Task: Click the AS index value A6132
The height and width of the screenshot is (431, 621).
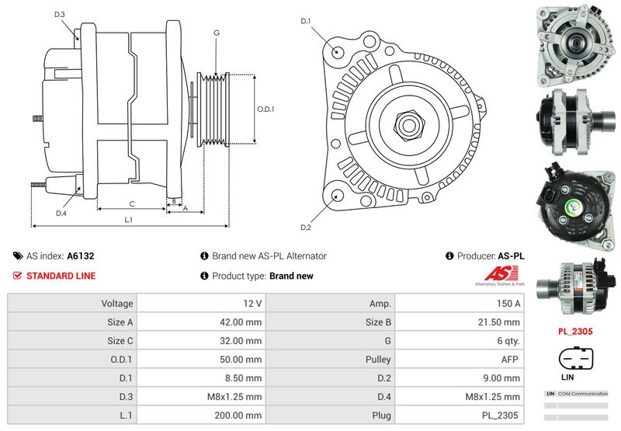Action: pos(81,256)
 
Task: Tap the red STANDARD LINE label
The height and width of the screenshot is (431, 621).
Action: pos(61,276)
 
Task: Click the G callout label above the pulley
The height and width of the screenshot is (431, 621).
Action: pos(217,33)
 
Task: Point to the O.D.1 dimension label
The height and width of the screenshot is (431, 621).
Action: pos(265,109)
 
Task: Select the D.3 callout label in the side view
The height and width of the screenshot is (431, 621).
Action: pos(60,15)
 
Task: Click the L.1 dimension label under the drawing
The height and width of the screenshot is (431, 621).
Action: pos(128,220)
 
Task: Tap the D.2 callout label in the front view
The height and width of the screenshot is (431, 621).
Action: pos(305,228)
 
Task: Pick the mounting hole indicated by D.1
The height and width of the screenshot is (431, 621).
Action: pos(338,51)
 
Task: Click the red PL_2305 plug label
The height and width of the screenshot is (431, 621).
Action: pos(575,331)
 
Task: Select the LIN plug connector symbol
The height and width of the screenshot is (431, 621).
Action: pos(576,359)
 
